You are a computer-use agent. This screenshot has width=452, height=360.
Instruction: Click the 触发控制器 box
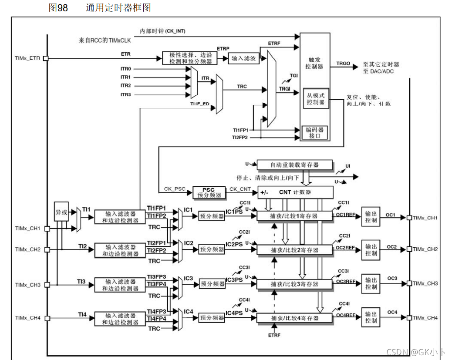[x=314, y=63]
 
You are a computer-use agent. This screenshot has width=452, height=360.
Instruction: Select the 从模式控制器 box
[x=315, y=98]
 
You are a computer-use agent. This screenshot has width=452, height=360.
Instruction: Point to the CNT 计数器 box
[x=295, y=192]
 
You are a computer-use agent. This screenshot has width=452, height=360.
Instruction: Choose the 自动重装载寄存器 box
[x=294, y=165]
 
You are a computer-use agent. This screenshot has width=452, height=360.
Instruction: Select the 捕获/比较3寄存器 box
[x=294, y=284]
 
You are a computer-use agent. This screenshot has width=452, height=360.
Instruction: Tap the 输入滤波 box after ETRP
[x=244, y=58]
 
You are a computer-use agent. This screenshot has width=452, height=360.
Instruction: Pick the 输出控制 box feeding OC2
[x=371, y=249]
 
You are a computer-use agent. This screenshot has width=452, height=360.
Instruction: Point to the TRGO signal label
[x=343, y=64]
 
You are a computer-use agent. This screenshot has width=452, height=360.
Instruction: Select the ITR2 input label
[x=126, y=85]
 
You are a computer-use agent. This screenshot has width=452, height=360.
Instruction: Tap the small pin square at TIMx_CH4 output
[x=409, y=318]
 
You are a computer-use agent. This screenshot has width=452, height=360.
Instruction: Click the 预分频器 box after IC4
[x=212, y=318]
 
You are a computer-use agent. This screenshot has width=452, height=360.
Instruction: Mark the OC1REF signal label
[x=346, y=214]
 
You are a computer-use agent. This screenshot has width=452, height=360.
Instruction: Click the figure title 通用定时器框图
[x=118, y=8]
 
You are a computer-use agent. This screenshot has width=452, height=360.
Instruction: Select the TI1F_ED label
[x=199, y=104]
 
